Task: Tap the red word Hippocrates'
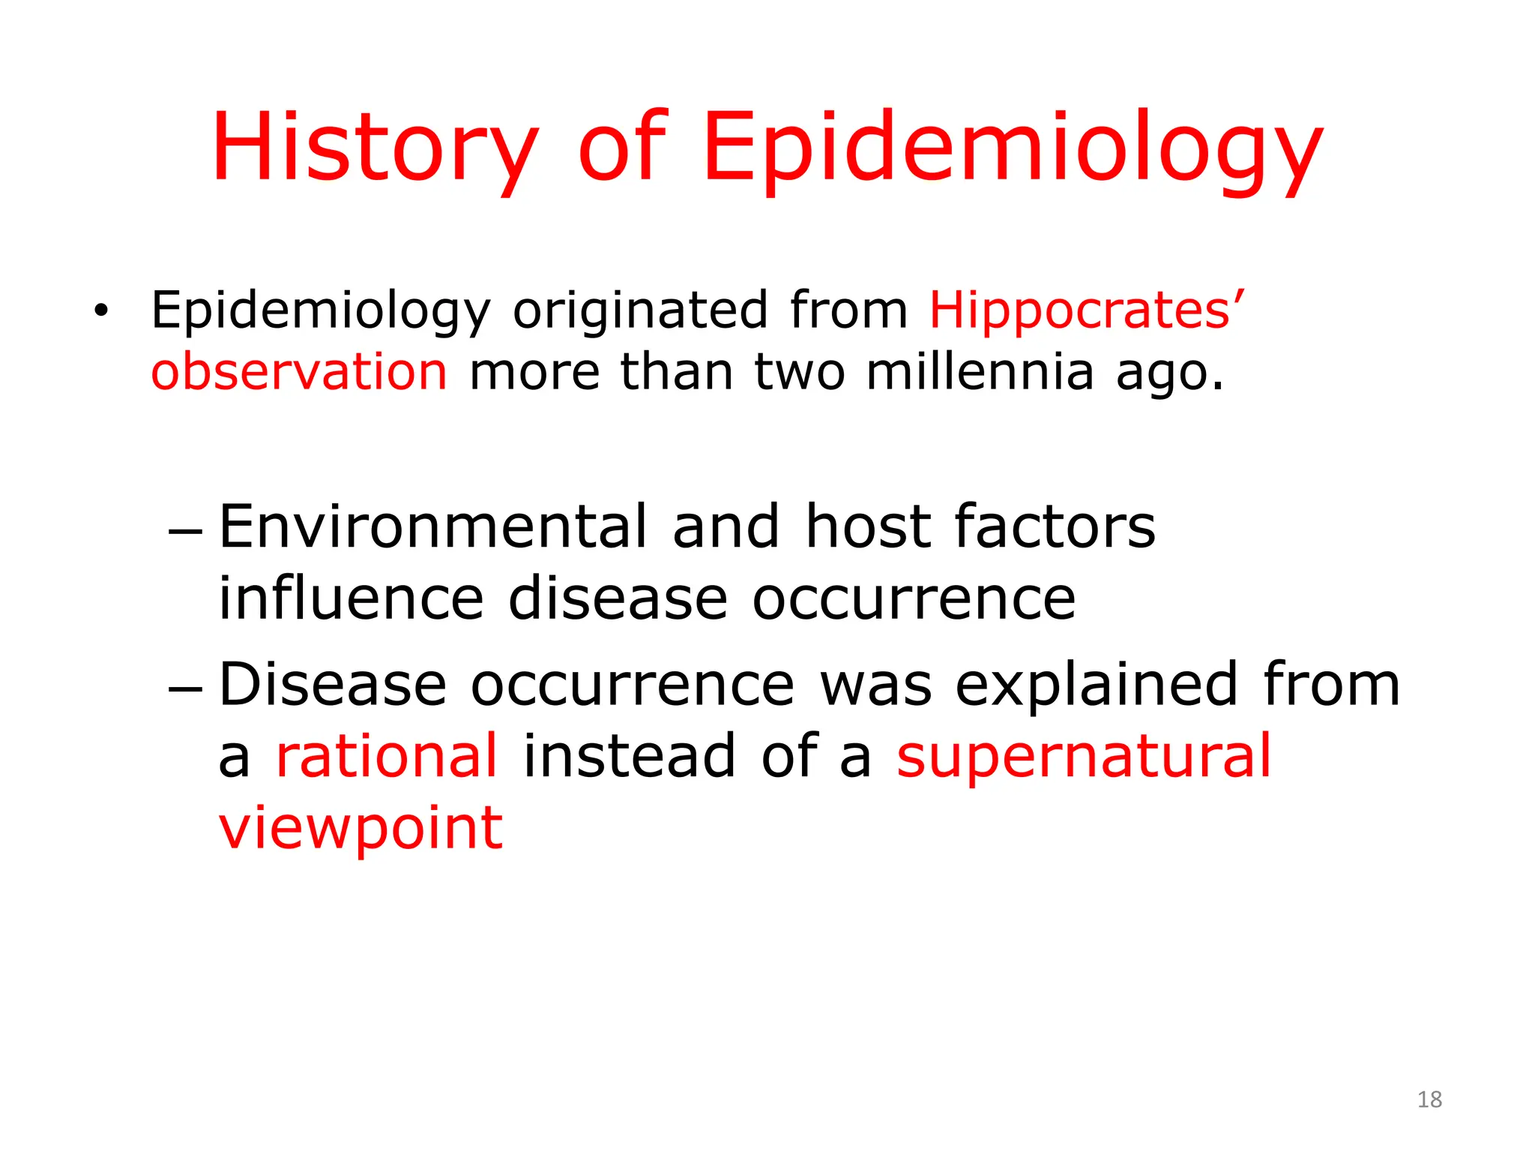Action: pyautogui.click(x=1086, y=310)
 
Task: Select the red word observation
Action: pyautogui.click(x=299, y=372)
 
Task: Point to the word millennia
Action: pyautogui.click(x=980, y=372)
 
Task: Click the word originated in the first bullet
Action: pyautogui.click(x=640, y=310)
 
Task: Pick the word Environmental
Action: pyautogui.click(x=433, y=526)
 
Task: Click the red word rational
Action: pyautogui.click(x=387, y=756)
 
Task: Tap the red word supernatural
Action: pyautogui.click(x=1084, y=756)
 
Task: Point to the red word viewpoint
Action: pyautogui.click(x=361, y=828)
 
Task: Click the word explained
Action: pyautogui.click(x=1096, y=684)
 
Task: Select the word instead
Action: pyautogui.click(x=629, y=756)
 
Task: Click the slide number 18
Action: pyautogui.click(x=1429, y=1099)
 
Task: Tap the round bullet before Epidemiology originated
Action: pyautogui.click(x=101, y=310)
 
